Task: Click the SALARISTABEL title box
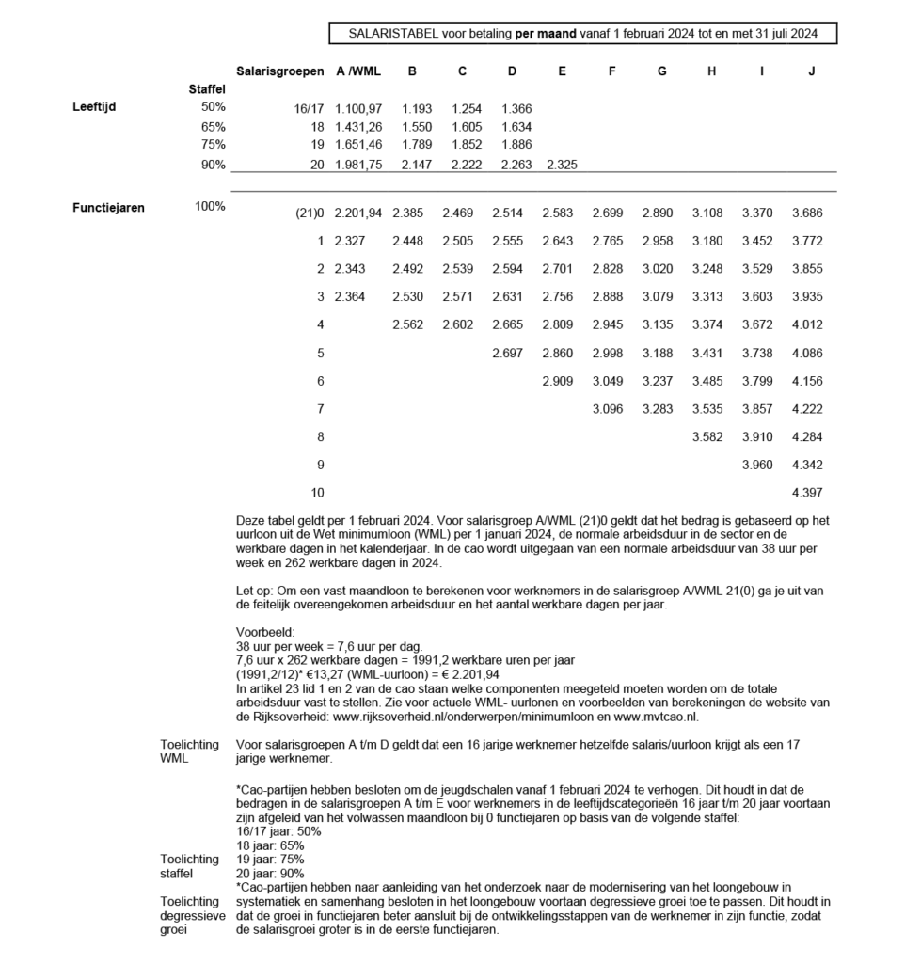[x=582, y=34]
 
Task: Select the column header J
[x=811, y=71]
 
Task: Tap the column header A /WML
[x=358, y=71]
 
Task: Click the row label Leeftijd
[x=95, y=107]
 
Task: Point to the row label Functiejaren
[x=109, y=208]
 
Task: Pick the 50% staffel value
[x=213, y=107]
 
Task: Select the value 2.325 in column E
[x=561, y=165]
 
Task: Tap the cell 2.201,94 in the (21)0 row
[x=358, y=213]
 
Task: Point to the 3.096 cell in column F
[x=611, y=409]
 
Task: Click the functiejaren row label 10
[x=317, y=492]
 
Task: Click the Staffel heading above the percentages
[x=207, y=89]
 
